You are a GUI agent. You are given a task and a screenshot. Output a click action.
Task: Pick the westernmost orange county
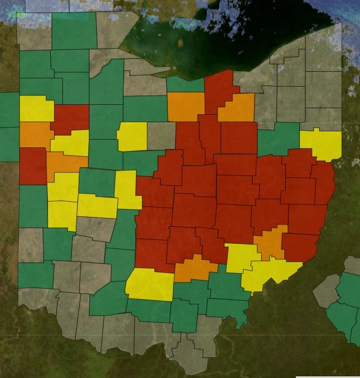click(x=35, y=134)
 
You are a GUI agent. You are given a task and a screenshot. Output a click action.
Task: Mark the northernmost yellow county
click(x=36, y=109)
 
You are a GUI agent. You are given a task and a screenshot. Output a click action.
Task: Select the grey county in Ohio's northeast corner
click(x=323, y=55)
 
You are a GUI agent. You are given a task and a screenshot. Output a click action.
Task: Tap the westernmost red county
click(x=33, y=166)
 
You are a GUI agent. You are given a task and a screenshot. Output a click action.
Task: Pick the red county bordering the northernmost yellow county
click(x=71, y=118)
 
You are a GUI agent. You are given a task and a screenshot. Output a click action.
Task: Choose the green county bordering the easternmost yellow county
click(x=279, y=140)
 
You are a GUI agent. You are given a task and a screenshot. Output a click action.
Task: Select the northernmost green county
click(x=73, y=30)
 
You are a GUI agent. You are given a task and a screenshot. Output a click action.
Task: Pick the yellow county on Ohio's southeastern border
click(x=271, y=273)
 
